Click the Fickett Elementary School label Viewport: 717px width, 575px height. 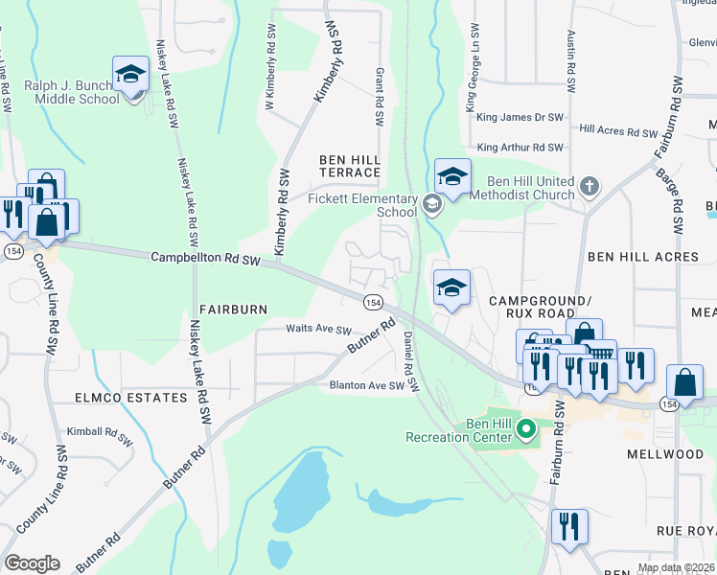click(x=356, y=205)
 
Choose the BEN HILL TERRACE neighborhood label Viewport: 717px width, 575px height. click(x=350, y=165)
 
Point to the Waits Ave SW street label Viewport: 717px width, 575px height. click(x=319, y=329)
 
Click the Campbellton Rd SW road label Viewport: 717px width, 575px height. click(x=206, y=259)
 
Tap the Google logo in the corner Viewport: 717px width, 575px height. click(x=32, y=563)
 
